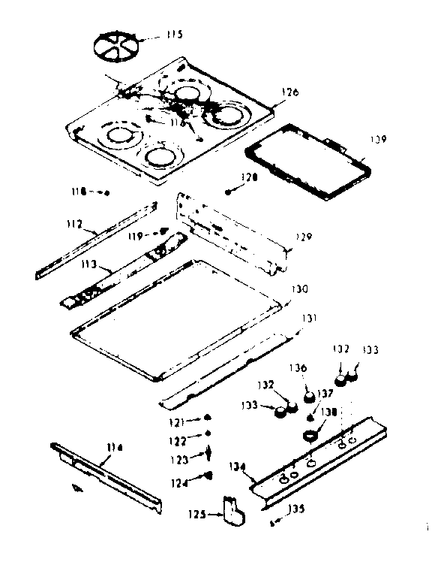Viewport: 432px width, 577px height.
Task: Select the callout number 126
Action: tap(289, 92)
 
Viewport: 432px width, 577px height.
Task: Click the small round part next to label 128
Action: tap(228, 192)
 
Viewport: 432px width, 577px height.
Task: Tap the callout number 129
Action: tap(301, 237)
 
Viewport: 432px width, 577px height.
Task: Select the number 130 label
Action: tap(298, 288)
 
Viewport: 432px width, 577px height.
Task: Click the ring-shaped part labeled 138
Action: tap(309, 434)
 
